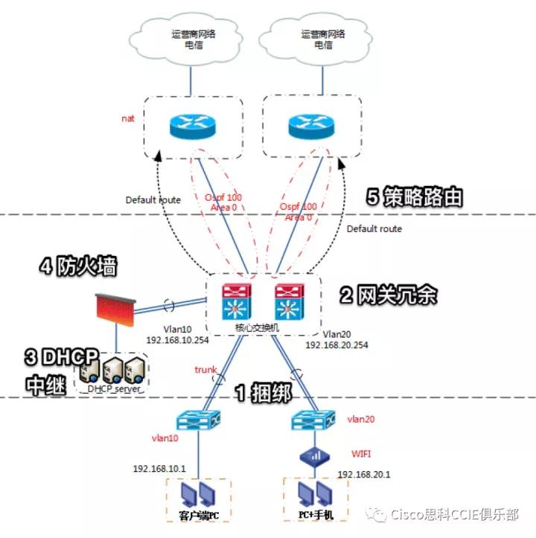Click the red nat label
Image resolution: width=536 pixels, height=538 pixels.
point(128,118)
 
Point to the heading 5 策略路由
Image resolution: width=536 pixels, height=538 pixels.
point(415,196)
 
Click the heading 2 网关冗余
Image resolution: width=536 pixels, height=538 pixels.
point(386,295)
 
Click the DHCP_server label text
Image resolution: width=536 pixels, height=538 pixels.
point(112,388)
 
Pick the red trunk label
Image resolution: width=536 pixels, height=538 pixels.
point(205,369)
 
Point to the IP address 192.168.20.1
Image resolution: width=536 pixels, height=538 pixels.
point(364,474)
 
